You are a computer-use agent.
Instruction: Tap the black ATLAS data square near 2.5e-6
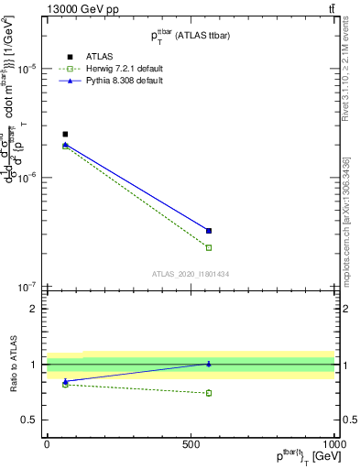point(65,135)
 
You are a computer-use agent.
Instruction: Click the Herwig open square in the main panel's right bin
point(209,247)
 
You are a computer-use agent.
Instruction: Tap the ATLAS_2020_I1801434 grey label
point(190,274)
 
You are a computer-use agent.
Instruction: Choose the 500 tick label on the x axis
point(191,444)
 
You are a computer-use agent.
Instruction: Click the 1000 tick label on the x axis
point(334,444)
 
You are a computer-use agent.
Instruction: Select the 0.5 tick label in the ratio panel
point(31,420)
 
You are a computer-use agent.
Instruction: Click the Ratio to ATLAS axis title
point(12,364)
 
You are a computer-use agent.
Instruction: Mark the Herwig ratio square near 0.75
point(209,393)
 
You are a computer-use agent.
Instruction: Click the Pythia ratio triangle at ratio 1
point(209,364)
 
